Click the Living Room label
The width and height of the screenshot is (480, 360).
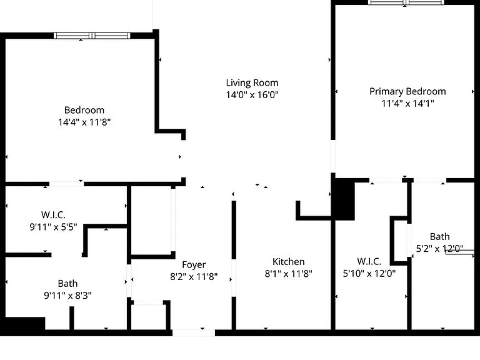pos(252,82)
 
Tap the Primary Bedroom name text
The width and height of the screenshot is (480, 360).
pos(407,91)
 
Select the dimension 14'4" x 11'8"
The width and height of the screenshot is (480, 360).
pos(84,122)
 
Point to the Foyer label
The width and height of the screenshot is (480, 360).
pos(194,264)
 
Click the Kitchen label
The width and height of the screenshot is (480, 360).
pos(288,261)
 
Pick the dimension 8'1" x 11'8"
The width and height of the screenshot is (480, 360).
pos(288,273)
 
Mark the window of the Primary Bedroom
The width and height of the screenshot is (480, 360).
pos(406,2)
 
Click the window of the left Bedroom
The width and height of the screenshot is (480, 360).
pos(92,36)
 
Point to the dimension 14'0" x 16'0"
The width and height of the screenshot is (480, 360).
pos(252,94)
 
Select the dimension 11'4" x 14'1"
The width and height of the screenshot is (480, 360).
pos(407,103)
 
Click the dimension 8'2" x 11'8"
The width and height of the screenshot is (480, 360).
pos(194,276)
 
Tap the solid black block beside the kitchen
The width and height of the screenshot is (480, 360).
pos(345,199)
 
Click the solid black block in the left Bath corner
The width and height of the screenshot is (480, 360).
pos(25,324)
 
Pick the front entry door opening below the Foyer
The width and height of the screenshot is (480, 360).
pos(194,332)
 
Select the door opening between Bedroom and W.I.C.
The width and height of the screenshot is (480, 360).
pos(67,184)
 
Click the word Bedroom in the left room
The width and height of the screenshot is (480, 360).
pos(84,110)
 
